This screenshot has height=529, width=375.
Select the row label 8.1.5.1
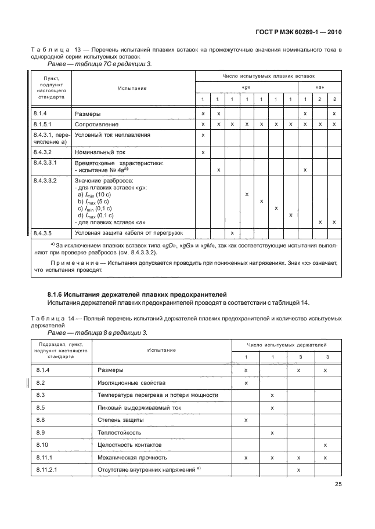click(44, 124)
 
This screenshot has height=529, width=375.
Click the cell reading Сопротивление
click(96, 124)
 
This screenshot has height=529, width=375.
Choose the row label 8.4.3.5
click(44, 233)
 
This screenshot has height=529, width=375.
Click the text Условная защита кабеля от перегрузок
click(129, 233)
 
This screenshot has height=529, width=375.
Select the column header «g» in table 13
click(246, 88)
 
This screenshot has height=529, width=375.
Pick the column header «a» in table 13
click(319, 88)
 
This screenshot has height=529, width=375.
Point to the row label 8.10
click(41, 444)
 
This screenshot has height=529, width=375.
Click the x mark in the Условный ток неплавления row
click(203, 135)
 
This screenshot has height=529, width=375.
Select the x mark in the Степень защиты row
click(246, 419)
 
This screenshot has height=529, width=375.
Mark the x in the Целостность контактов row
click(326, 444)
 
